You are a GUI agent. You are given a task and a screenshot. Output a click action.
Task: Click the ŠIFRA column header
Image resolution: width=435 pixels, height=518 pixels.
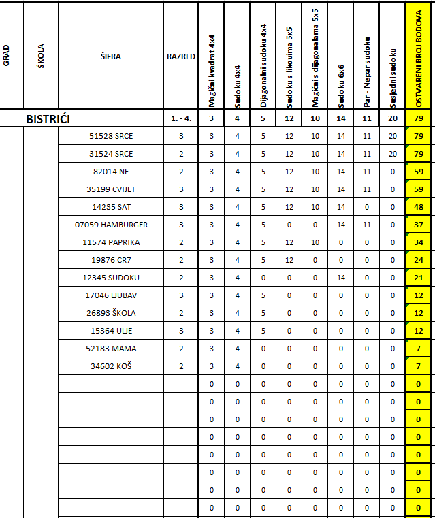click(111, 56)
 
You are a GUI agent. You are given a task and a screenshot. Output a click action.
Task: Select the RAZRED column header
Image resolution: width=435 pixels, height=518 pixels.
click(180, 56)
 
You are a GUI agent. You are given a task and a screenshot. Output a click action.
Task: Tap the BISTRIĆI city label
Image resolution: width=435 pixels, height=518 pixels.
click(48, 119)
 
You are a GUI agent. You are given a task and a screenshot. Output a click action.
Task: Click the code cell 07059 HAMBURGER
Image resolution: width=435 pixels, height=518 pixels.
click(111, 225)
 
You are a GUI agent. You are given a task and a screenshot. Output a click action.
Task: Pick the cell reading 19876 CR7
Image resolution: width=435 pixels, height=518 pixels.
click(111, 260)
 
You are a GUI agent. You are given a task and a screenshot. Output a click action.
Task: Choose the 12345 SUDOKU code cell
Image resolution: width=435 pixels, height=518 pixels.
click(111, 278)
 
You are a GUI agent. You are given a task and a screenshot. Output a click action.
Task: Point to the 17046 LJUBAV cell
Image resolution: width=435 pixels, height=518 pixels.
click(111, 295)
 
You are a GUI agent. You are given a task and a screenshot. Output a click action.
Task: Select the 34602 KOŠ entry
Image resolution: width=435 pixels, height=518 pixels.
click(111, 366)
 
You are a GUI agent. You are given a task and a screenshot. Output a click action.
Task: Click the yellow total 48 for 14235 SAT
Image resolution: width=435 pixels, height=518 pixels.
click(419, 207)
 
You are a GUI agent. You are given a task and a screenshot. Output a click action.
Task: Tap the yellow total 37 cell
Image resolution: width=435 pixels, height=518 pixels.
click(419, 225)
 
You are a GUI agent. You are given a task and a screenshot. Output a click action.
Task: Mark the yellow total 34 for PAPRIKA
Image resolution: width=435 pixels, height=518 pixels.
click(419, 242)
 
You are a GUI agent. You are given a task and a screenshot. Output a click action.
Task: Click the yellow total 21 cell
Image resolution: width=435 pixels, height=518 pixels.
click(419, 278)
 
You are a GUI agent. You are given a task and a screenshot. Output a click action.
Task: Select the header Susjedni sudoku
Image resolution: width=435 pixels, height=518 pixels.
click(392, 78)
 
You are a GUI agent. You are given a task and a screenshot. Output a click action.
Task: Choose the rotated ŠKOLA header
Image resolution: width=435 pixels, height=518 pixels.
click(41, 56)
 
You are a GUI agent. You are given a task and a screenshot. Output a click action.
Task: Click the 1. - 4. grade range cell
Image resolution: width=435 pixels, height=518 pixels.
click(180, 119)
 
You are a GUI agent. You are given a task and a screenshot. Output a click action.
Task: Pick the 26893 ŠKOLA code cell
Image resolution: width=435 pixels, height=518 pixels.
click(111, 313)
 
